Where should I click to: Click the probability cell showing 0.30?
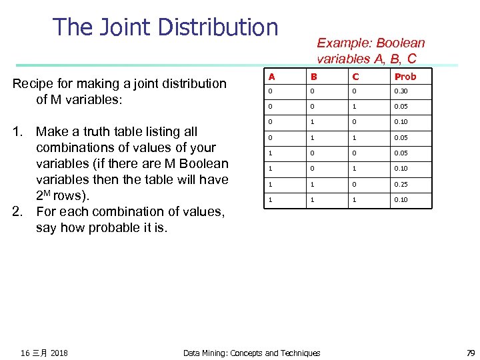(401, 91)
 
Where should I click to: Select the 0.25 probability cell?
(401, 184)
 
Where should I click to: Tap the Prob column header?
(405, 76)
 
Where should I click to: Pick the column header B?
(313, 76)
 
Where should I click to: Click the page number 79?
(471, 353)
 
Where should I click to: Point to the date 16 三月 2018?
(44, 353)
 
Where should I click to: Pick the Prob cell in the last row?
(401, 200)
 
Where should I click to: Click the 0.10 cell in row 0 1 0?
(401, 122)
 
